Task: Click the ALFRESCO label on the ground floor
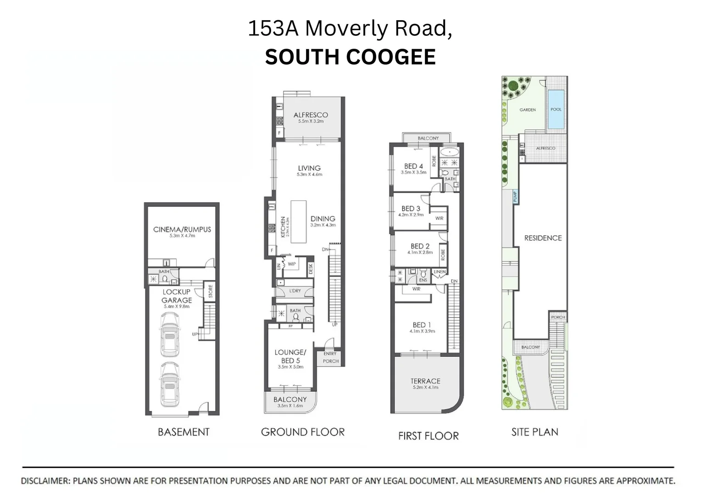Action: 311,115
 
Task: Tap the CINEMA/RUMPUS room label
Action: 182,230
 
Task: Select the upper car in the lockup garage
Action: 169,335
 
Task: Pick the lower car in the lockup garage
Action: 169,385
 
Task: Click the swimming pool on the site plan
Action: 556,109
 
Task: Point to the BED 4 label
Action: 413,166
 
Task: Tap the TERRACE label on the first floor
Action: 425,381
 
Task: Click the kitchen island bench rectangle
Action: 298,222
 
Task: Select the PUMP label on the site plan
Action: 515,197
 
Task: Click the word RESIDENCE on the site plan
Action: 543,238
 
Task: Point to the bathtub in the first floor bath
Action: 450,152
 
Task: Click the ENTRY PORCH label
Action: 330,357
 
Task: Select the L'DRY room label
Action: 295,291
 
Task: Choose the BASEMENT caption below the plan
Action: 184,432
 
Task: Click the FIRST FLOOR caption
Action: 428,436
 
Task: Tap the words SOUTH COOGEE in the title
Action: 350,57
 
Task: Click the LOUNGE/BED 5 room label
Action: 290,356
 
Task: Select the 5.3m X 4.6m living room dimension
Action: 309,175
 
